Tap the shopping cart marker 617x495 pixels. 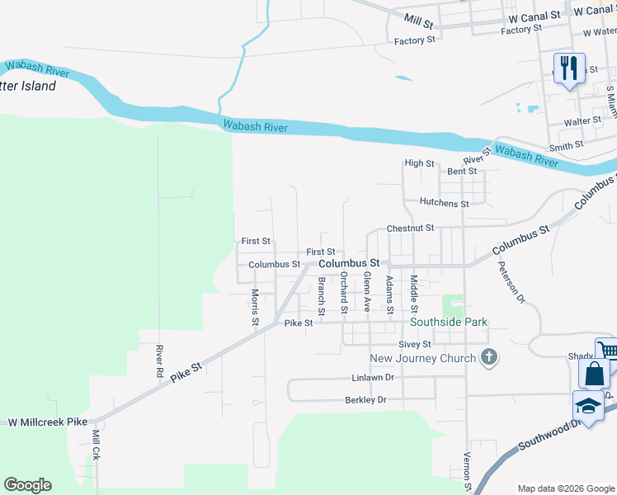point(608,351)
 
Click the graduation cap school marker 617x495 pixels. point(587,406)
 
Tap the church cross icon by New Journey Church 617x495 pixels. point(489,357)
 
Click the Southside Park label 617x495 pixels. point(451,322)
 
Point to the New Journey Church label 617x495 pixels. point(422,358)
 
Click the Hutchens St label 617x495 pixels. point(444,203)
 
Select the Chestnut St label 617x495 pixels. point(410,228)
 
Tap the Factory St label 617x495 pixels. point(414,41)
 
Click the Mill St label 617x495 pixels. point(418,17)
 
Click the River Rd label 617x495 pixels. point(158,361)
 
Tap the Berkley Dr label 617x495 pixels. point(365,400)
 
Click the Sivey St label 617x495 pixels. point(414,344)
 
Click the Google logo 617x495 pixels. point(27,485)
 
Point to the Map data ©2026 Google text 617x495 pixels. point(565,488)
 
